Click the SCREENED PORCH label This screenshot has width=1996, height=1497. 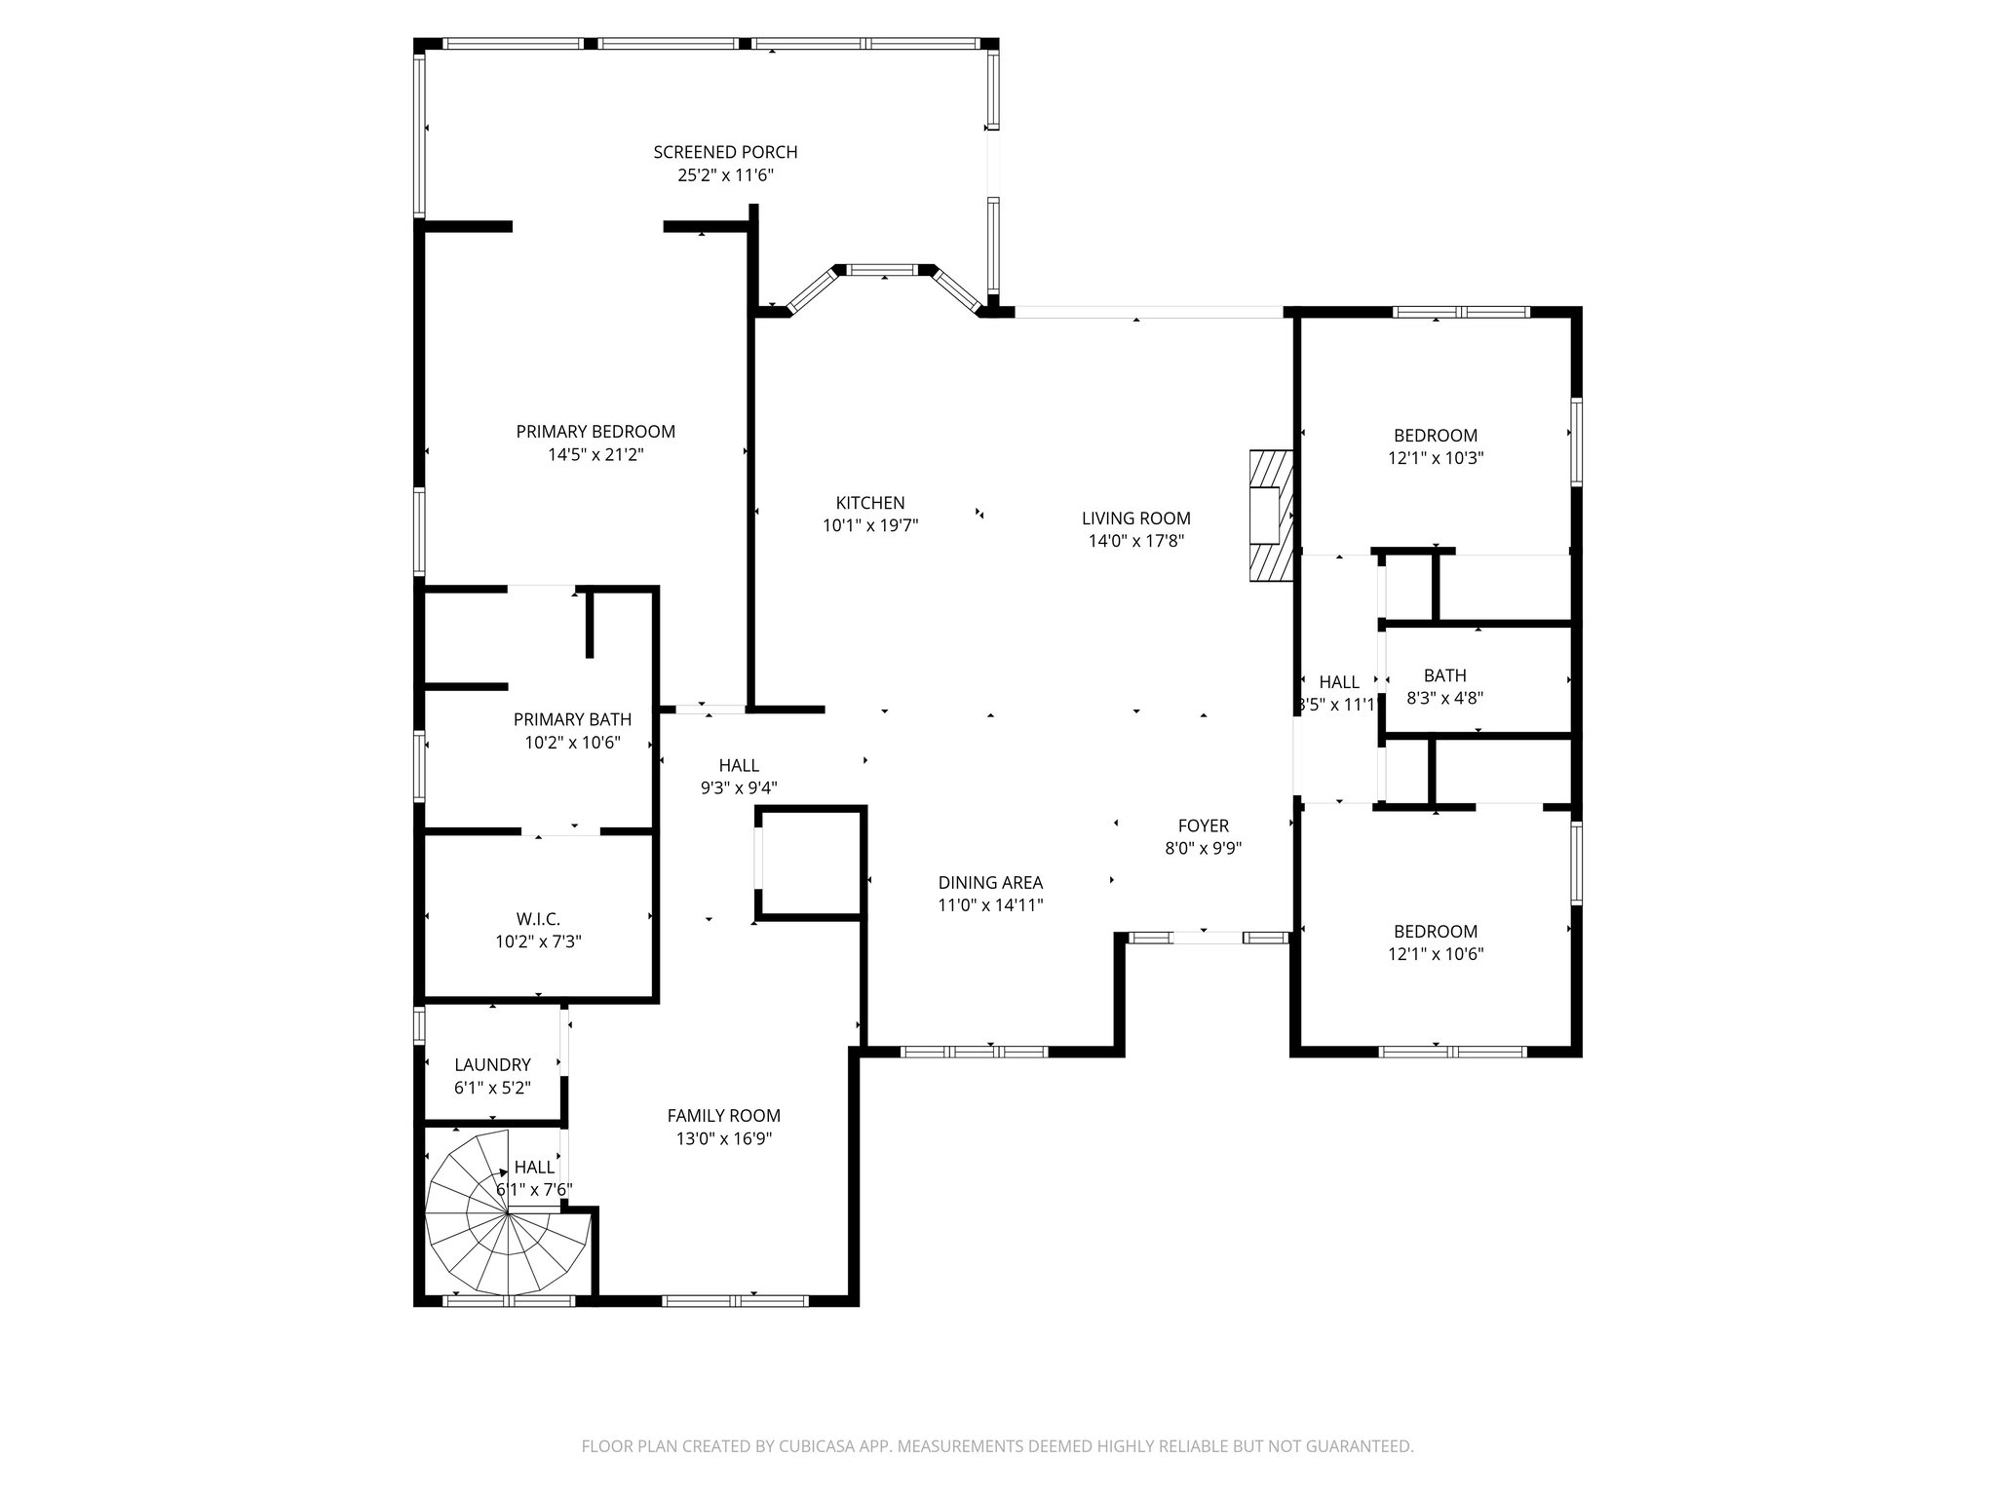[x=725, y=152]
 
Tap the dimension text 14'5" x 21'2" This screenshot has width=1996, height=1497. [x=595, y=455]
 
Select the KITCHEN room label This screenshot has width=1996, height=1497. [x=869, y=503]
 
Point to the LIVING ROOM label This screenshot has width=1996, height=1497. [x=1135, y=518]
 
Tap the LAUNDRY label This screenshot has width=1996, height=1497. [x=492, y=1065]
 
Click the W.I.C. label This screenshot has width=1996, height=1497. [x=538, y=919]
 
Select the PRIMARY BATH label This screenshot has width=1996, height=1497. [x=572, y=719]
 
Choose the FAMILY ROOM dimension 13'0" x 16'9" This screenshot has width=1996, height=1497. [x=723, y=1138]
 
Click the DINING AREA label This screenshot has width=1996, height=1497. [x=990, y=882]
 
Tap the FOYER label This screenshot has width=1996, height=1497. [x=1203, y=825]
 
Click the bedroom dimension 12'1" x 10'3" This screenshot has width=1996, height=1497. [x=1435, y=458]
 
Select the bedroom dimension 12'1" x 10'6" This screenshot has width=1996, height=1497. [x=1435, y=954]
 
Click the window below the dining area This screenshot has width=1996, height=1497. [x=974, y=1052]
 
